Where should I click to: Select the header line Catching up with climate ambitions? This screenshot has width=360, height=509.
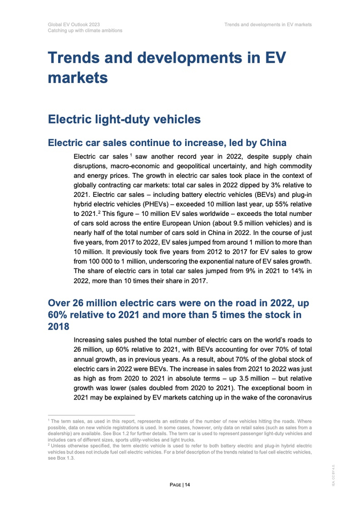tap(85, 31)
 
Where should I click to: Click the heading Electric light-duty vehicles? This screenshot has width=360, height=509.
tap(124, 120)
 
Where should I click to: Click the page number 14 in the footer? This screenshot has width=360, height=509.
tap(188, 484)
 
